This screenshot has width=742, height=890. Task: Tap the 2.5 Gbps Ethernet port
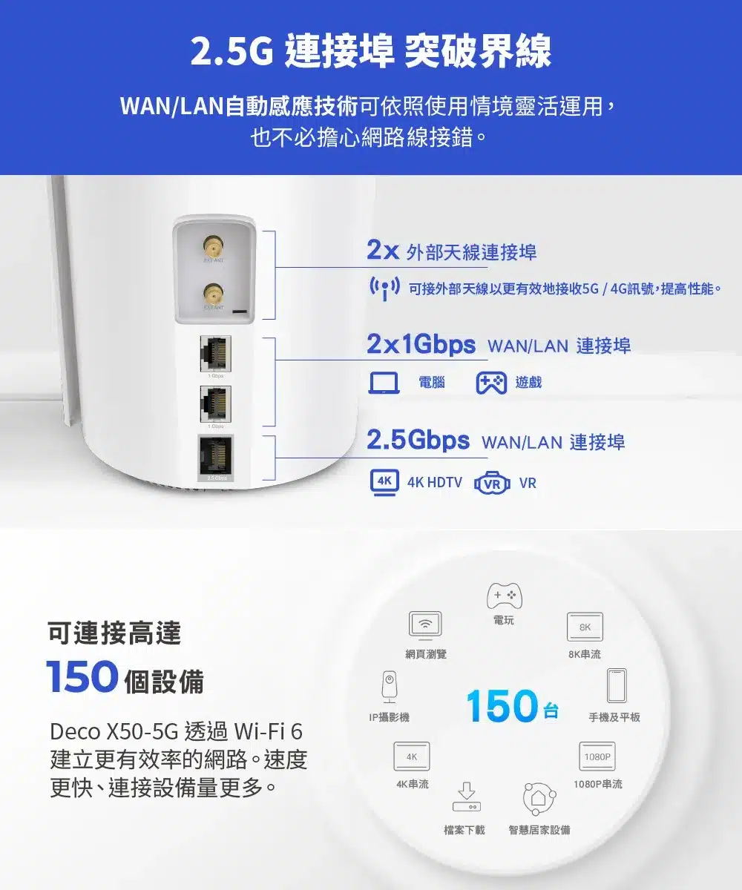pyautogui.click(x=215, y=455)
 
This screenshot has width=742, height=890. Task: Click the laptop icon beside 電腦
pyautogui.click(x=384, y=382)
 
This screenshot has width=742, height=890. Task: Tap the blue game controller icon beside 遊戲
pyautogui.click(x=491, y=382)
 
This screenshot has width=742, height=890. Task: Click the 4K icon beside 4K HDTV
pyautogui.click(x=384, y=482)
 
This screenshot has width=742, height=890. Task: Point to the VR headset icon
pyautogui.click(x=492, y=483)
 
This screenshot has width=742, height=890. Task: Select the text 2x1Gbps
pyautogui.click(x=421, y=345)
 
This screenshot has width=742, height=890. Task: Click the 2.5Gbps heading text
pyautogui.click(x=418, y=441)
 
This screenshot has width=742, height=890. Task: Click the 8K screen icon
pyautogui.click(x=585, y=627)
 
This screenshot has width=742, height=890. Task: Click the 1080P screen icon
pyautogui.click(x=597, y=756)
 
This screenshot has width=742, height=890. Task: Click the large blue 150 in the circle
pyautogui.click(x=502, y=706)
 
